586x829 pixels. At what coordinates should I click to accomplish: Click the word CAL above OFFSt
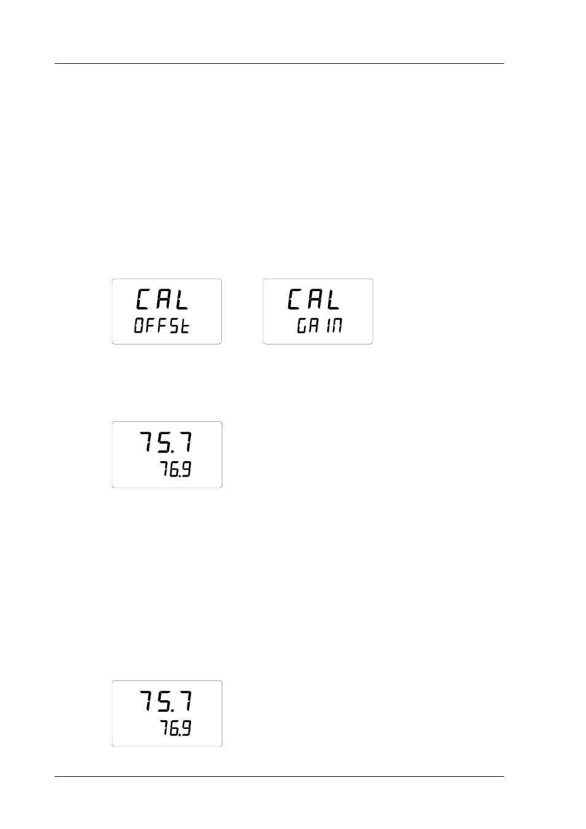tap(163, 299)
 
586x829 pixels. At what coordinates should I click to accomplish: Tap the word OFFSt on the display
tap(162, 325)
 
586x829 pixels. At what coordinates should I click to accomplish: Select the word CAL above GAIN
tap(313, 299)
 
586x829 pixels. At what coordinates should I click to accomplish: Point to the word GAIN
tap(319, 325)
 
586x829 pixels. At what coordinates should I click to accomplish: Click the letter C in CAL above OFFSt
tap(143, 299)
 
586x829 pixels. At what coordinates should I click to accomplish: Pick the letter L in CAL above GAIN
tap(333, 300)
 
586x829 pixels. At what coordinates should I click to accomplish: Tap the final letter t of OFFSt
tap(184, 325)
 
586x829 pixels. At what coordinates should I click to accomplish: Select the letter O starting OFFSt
tap(139, 325)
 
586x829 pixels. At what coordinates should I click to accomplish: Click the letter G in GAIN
tap(302, 325)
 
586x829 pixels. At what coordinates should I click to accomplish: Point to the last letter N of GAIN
tap(337, 325)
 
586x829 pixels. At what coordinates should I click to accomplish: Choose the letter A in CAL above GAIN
tap(313, 300)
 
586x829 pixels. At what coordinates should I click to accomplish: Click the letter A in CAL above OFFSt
tap(163, 300)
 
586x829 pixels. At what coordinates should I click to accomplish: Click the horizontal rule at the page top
tap(279, 64)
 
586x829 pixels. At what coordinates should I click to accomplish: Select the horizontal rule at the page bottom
tap(279, 776)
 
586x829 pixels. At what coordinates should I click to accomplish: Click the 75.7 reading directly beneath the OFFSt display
tap(166, 442)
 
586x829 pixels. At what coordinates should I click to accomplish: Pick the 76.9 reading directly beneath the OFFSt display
tap(176, 469)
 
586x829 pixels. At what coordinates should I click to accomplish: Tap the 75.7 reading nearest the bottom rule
tap(166, 701)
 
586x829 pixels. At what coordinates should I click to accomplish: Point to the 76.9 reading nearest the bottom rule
tap(176, 728)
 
